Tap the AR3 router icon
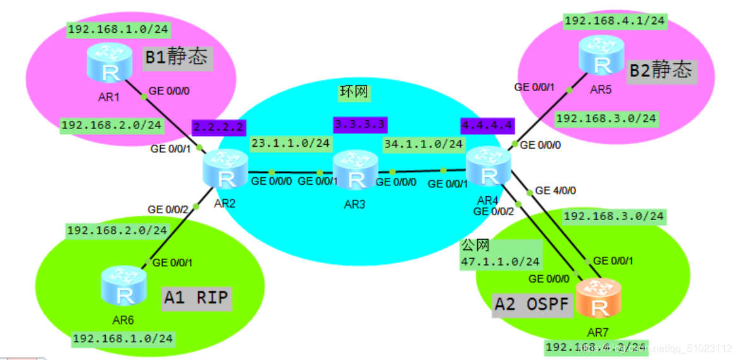point(355,171)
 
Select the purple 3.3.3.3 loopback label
point(360,124)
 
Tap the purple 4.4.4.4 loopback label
point(487,125)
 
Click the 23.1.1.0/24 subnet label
point(291,144)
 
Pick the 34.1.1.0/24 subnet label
point(423,144)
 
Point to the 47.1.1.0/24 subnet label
point(500,261)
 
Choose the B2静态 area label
point(660,70)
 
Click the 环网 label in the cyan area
point(353,92)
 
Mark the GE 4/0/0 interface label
point(555,190)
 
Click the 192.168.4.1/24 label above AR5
point(614,21)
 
